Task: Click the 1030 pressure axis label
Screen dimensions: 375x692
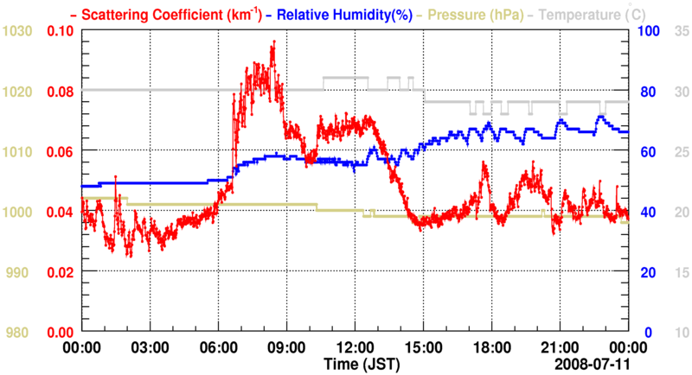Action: [x=18, y=31]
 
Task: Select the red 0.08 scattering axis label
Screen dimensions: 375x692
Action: [x=59, y=91]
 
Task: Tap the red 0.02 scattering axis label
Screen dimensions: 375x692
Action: [x=59, y=272]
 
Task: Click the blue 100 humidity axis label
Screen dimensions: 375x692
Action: [x=648, y=31]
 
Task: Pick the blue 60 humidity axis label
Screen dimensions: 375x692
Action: [x=645, y=152]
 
